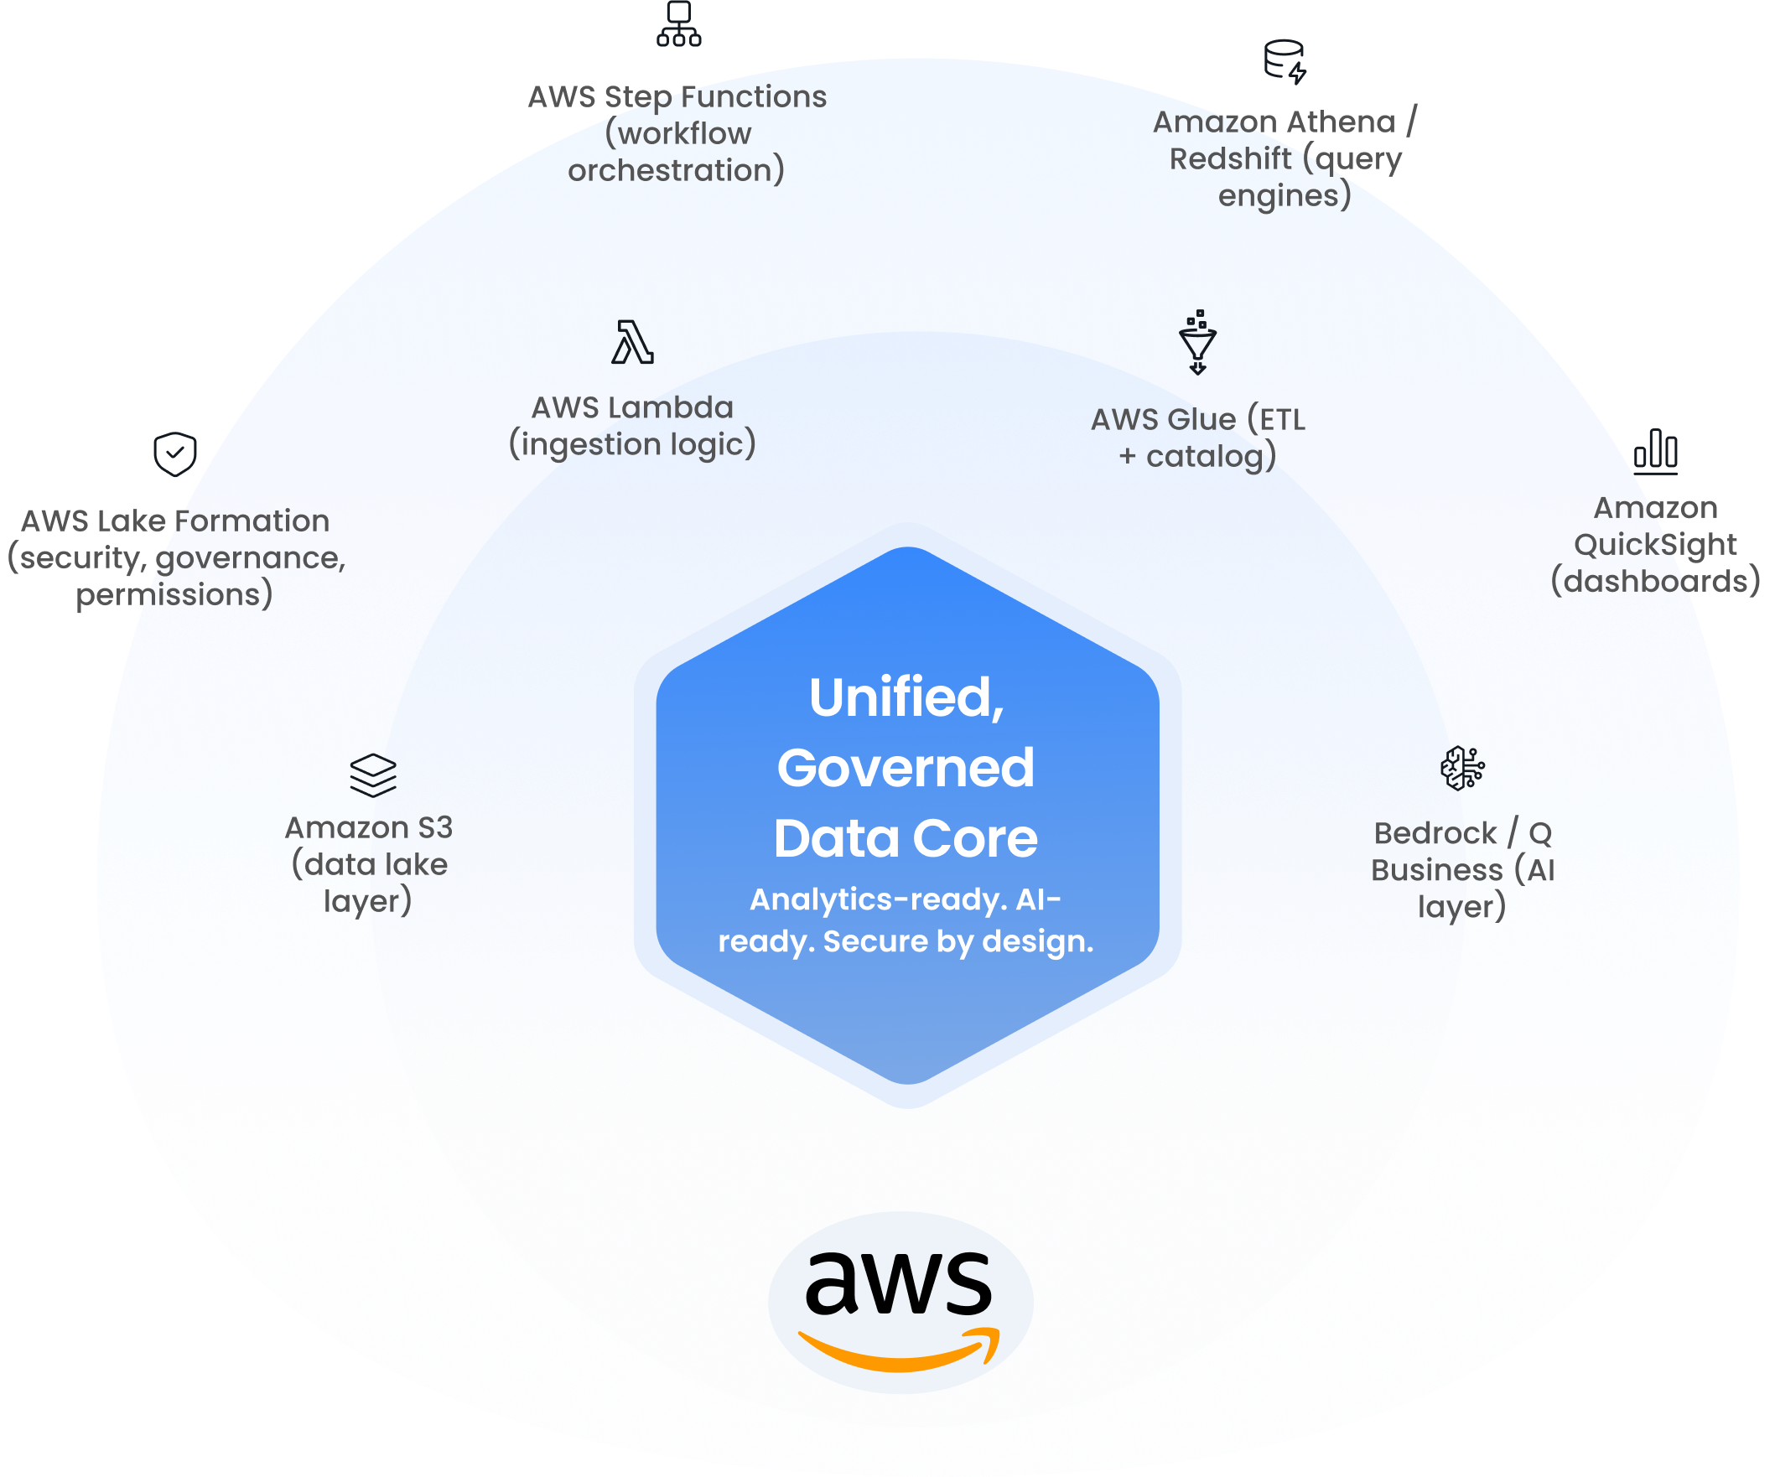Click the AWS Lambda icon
(632, 342)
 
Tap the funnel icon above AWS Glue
(1197, 342)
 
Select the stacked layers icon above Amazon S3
(373, 775)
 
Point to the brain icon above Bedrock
(1462, 768)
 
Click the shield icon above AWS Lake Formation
(175, 454)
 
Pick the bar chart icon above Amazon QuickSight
(1655, 448)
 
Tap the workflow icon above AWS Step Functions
(679, 23)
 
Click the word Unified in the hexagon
(906, 697)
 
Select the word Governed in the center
(906, 767)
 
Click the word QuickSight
(1654, 545)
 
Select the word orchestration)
(675, 171)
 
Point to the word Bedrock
(1435, 834)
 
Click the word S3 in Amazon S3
(433, 828)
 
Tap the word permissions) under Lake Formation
(174, 595)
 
